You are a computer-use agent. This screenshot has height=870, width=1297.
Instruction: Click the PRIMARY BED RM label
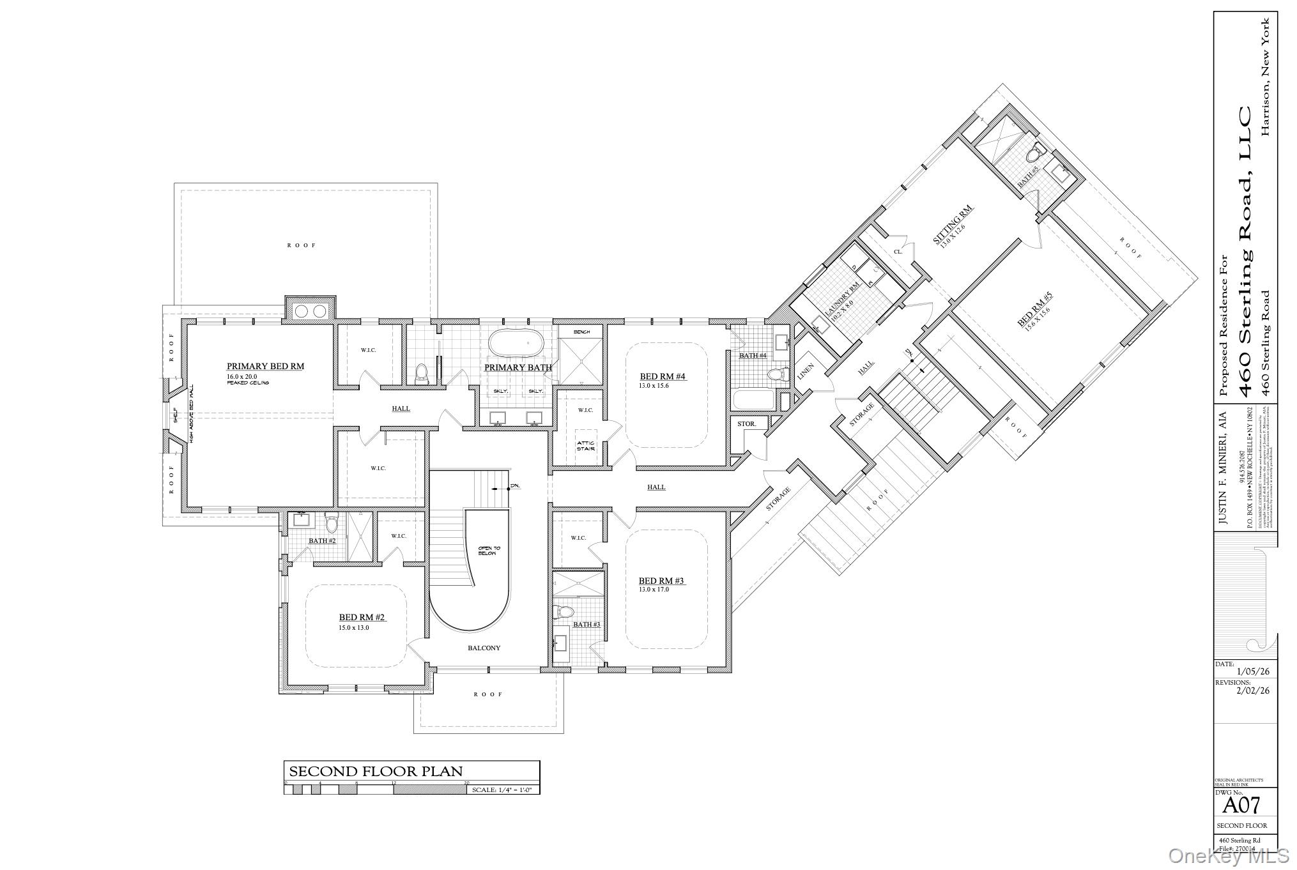[x=265, y=367]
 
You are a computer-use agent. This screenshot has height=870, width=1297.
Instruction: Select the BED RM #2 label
[x=362, y=617]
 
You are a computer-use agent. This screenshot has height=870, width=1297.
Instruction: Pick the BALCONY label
[x=484, y=648]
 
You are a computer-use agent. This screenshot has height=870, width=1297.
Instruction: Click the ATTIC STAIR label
[x=586, y=446]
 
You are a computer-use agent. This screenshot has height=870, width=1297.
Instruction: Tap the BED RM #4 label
[x=663, y=377]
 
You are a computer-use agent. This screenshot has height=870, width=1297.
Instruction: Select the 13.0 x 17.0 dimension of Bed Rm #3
[x=654, y=590]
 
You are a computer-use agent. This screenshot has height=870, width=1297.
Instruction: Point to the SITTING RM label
[x=953, y=224]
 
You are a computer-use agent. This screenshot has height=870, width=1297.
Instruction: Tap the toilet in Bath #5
[x=1034, y=154]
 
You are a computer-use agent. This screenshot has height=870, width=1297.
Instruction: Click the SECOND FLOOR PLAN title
[x=376, y=771]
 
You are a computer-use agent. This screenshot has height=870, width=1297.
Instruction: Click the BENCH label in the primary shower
[x=581, y=332]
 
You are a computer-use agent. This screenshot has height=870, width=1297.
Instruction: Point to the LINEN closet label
[x=806, y=373]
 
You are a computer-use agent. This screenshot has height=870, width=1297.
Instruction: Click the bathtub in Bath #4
[x=753, y=401]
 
